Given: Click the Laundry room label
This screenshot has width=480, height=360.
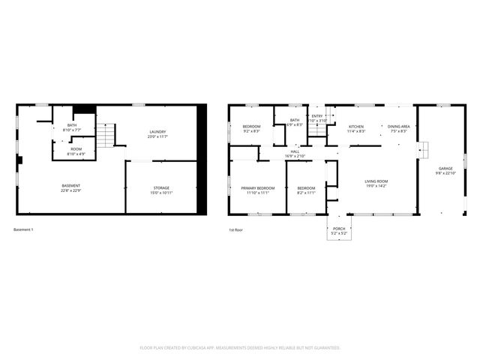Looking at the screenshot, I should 157,132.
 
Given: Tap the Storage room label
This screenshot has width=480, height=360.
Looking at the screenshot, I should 161,187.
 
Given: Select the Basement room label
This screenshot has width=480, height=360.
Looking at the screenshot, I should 71,185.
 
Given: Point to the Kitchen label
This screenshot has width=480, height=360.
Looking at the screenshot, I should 356,127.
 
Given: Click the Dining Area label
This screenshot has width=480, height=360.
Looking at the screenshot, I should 399,127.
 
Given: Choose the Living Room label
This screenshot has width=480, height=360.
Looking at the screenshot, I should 376,181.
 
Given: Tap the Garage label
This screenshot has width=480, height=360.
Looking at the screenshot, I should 435,169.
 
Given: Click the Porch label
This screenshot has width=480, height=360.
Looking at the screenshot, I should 339,229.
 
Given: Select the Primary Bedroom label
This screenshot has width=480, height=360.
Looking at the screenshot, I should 257,188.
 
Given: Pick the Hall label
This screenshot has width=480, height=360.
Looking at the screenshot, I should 295,151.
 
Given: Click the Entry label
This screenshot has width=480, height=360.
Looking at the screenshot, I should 317,116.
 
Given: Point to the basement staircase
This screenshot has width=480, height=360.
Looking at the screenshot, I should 109,136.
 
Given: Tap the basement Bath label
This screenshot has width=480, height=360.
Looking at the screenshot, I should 71,125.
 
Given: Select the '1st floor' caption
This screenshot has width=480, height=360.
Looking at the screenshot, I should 235,229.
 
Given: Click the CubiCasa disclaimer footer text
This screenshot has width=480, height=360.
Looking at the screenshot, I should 240,348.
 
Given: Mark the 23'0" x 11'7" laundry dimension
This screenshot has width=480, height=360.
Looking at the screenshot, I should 157,136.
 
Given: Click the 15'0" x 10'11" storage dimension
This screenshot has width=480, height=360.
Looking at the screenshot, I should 161,193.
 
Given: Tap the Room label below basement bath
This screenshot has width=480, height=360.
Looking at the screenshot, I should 76,149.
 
